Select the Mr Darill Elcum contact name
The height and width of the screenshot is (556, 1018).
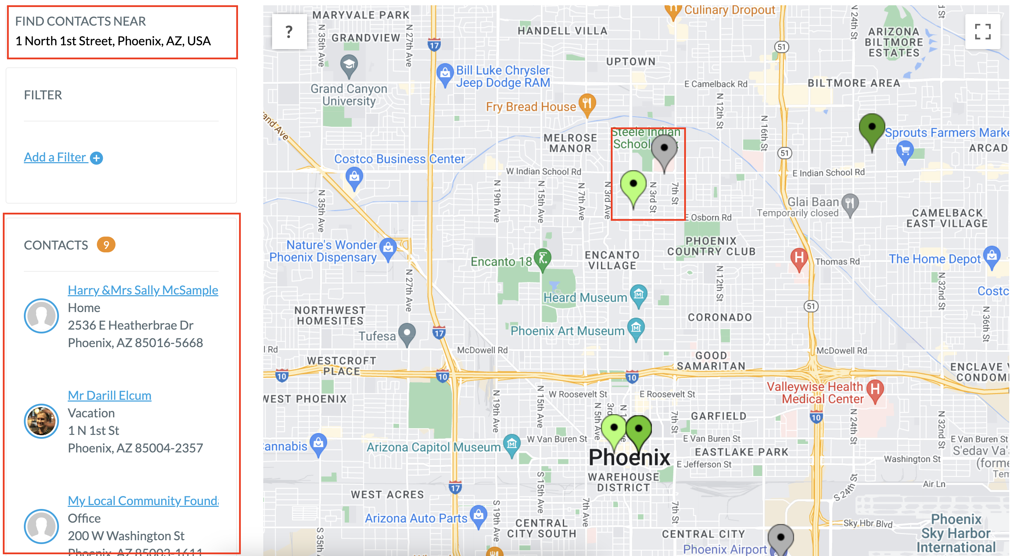110,395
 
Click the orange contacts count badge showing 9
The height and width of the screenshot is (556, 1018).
106,245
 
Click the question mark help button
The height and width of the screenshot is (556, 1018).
289,32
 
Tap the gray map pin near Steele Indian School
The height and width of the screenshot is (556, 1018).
664,151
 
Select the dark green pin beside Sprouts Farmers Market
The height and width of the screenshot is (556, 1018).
872,129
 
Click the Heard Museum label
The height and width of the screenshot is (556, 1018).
585,298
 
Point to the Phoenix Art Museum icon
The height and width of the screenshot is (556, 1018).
636,327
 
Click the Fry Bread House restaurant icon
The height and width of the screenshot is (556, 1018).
587,104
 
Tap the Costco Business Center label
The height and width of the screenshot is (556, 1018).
399,159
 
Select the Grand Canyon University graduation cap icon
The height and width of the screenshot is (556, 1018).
349,65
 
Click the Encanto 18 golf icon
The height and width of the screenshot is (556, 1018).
543,258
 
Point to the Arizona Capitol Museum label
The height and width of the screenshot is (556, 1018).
434,447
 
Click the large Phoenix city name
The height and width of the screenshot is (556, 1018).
629,457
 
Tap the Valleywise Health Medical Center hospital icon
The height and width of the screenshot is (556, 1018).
875,390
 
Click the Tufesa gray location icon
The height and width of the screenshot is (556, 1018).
407,333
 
